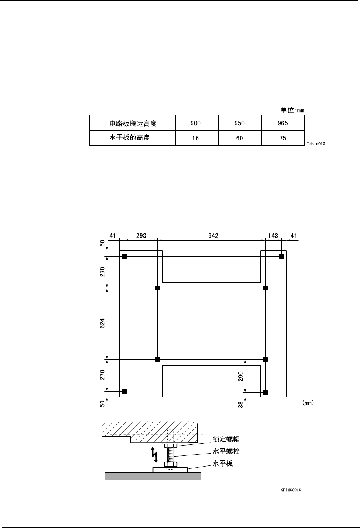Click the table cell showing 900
(x=196, y=123)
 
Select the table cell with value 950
(x=239, y=123)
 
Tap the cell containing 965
(x=283, y=123)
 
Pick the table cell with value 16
(x=195, y=138)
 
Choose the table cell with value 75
(x=283, y=138)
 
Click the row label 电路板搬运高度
(x=132, y=123)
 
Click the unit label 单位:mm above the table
(x=292, y=110)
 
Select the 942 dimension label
(x=213, y=236)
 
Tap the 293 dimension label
(x=141, y=236)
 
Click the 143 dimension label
(x=273, y=236)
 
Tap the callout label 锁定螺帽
(x=226, y=440)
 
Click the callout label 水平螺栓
(x=226, y=452)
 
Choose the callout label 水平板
(x=223, y=463)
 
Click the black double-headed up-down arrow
(x=154, y=455)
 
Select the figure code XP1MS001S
(x=288, y=490)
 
